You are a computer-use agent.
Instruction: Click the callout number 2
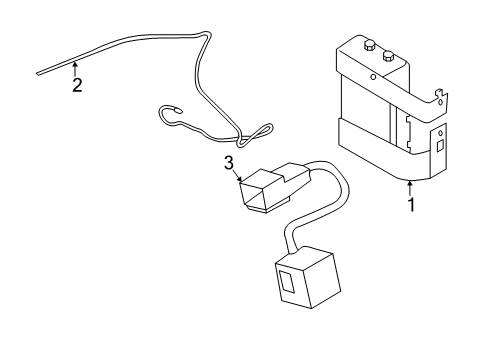[77, 85]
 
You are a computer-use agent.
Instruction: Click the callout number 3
[229, 162]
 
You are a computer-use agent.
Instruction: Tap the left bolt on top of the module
[369, 46]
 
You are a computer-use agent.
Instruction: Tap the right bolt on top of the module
[389, 57]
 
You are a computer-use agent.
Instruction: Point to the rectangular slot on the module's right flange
[439, 146]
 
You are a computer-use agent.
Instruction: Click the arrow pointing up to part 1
[409, 186]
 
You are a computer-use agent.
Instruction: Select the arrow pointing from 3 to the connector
[240, 178]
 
